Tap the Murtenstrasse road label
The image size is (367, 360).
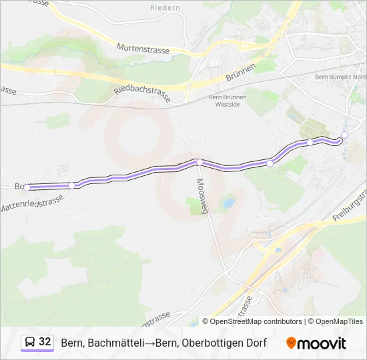pyautogui.click(x=143, y=49)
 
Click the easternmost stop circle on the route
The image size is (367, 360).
pyautogui.click(x=344, y=135)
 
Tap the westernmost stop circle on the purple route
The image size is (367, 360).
pyautogui.click(x=27, y=187)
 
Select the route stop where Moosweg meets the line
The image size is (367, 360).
pyautogui.click(x=199, y=162)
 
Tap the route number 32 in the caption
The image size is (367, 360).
pyautogui.click(x=45, y=342)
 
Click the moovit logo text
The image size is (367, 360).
pyautogui.click(x=322, y=343)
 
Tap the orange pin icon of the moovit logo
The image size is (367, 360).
pyautogui.click(x=291, y=343)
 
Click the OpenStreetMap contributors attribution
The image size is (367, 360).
pyautogui.click(x=256, y=321)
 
